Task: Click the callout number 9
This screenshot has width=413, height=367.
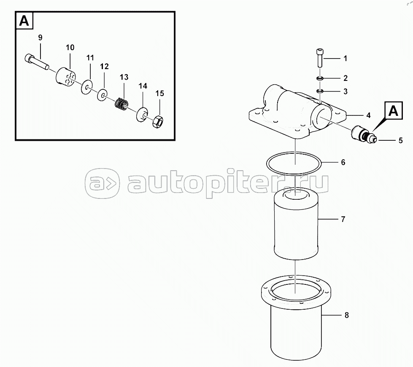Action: pos(40,38)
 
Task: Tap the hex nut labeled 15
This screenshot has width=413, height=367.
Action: pos(158,121)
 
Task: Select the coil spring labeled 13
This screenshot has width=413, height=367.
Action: pos(121,103)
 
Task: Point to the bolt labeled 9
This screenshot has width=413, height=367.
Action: pos(37,62)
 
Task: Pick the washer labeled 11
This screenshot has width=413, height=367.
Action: pos(87,87)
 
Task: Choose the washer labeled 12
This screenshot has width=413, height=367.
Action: pos(103,95)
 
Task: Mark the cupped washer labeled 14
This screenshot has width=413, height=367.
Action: pos(142,115)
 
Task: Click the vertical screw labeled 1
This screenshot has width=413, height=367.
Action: pos(320,58)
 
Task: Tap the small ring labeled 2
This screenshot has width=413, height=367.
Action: pos(320,78)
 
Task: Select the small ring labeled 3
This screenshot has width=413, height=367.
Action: pos(320,91)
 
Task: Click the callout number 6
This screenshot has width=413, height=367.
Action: pos(343,162)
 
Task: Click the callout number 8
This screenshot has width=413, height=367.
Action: pos(347,315)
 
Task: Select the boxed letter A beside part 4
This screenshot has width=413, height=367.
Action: pos(394,110)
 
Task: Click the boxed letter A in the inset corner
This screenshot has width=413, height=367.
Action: pos(24,21)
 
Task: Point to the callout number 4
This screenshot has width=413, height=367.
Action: pos(368,115)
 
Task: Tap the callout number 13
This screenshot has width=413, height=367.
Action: pos(124,77)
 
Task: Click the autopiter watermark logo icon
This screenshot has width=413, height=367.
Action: pos(102,183)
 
